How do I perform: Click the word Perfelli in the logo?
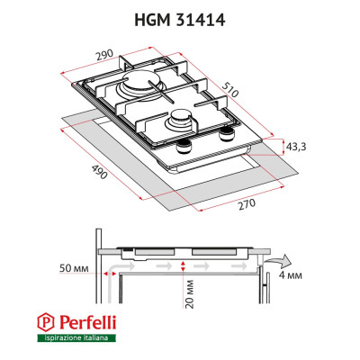85,321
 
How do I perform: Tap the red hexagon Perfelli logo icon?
46,321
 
